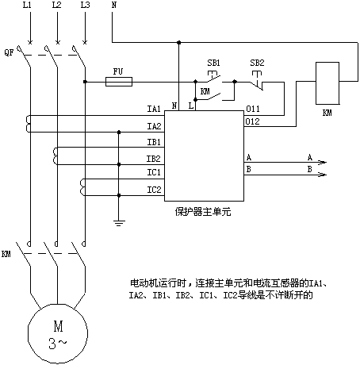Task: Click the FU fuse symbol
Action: click(x=119, y=82)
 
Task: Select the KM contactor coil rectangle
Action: click(x=327, y=83)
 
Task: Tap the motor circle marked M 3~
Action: click(x=58, y=333)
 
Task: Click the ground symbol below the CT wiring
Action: click(x=119, y=223)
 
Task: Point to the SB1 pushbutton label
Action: click(x=213, y=63)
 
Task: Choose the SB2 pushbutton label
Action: click(x=257, y=63)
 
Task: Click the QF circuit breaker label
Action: click(x=9, y=52)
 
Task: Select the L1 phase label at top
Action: click(x=27, y=5)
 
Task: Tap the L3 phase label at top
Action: click(x=85, y=5)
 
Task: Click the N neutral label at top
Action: click(x=113, y=5)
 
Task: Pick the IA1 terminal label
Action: click(x=154, y=109)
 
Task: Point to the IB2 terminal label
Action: click(x=154, y=159)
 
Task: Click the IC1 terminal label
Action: click(x=154, y=172)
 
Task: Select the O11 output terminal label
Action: click(x=253, y=109)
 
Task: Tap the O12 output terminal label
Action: click(x=252, y=121)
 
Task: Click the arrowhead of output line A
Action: click(x=324, y=162)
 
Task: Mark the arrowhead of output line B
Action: click(x=324, y=175)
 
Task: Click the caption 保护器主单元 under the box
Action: click(x=203, y=212)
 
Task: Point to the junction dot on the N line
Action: click(x=179, y=42)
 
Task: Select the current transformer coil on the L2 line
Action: click(x=56, y=156)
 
